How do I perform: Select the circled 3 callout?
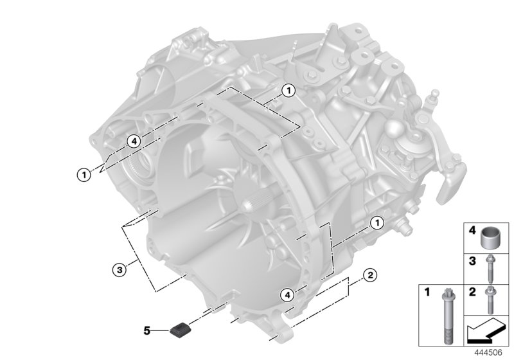pyautogui.click(x=118, y=271)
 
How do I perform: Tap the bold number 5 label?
pyautogui.click(x=147, y=330)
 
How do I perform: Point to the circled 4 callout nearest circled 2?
pyautogui.click(x=288, y=294)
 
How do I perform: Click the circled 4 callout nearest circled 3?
pyautogui.click(x=134, y=141)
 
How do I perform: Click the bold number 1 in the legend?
pyautogui.click(x=427, y=292)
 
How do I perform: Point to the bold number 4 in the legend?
pyautogui.click(x=472, y=230)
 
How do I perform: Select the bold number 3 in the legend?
pyautogui.click(x=472, y=261)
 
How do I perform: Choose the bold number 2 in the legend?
pyautogui.click(x=472, y=292)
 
